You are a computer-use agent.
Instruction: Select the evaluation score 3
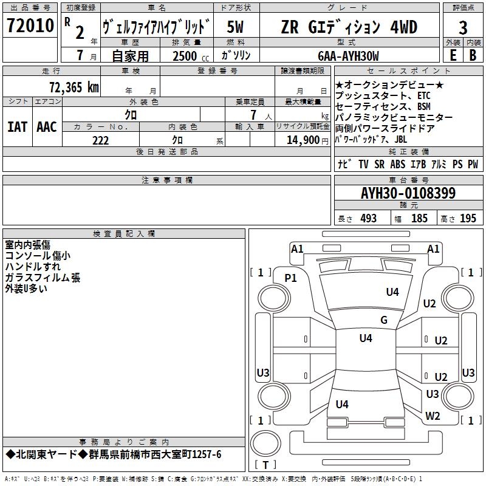[x=463, y=27]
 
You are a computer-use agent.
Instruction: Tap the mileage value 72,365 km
[x=74, y=87]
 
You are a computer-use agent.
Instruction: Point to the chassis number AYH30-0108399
[x=408, y=194]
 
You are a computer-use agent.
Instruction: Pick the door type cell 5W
[x=236, y=27]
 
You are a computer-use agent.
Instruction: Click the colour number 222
[x=100, y=140]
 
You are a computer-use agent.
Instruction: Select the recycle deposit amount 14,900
[x=303, y=140]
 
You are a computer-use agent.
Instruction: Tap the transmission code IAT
[x=17, y=127]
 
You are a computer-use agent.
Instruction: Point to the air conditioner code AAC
[x=47, y=127]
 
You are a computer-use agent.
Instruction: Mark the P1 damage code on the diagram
[x=291, y=278]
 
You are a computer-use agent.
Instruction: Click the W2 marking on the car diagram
[x=433, y=416]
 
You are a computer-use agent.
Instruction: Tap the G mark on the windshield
[x=384, y=320]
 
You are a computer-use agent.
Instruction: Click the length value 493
[x=368, y=219]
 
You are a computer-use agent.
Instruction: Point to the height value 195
[x=468, y=219]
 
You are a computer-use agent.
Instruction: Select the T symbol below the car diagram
[x=265, y=465]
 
